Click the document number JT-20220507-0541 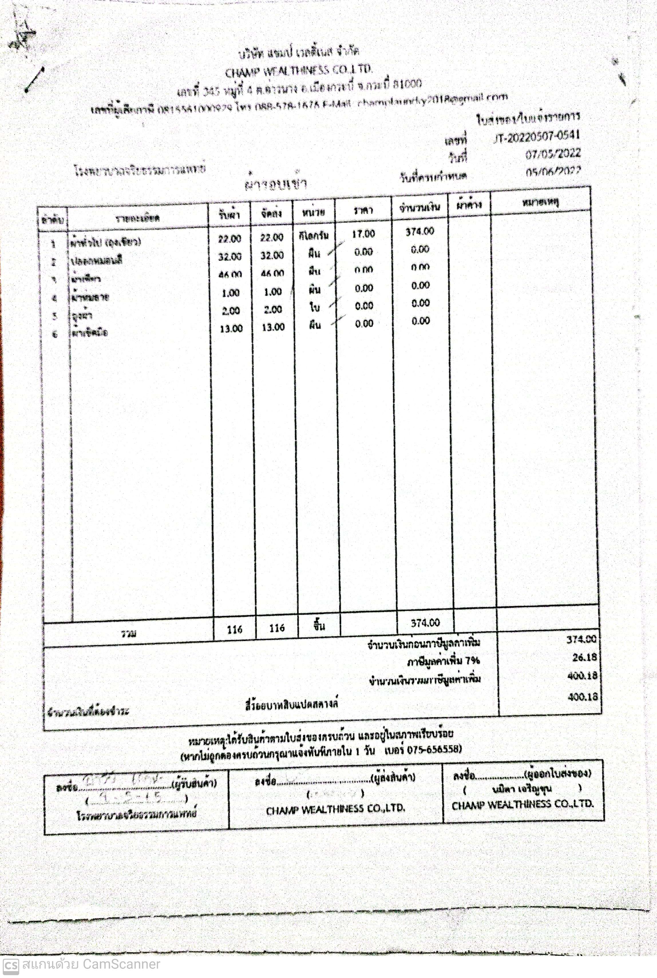[536, 137]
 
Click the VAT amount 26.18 [584, 657]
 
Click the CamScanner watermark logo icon [10, 966]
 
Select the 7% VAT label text [443, 661]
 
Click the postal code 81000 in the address [407, 84]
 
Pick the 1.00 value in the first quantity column [230, 293]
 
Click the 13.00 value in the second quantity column [273, 327]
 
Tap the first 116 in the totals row [235, 629]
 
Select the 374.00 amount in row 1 [420, 231]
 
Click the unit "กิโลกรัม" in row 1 [314, 236]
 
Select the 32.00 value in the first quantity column [229, 256]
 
